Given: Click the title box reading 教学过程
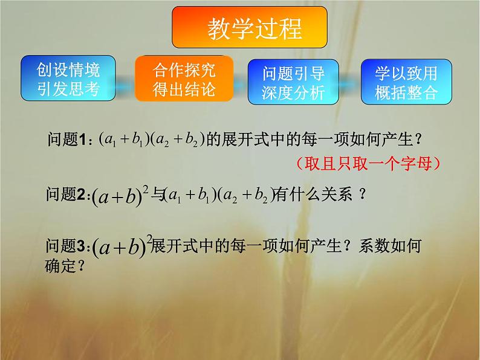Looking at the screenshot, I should coord(250,28).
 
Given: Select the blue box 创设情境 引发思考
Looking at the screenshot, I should coord(68,79).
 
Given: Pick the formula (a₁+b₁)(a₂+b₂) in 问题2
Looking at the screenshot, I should coord(219,196).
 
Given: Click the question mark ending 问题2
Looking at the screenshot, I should coord(362,195).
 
